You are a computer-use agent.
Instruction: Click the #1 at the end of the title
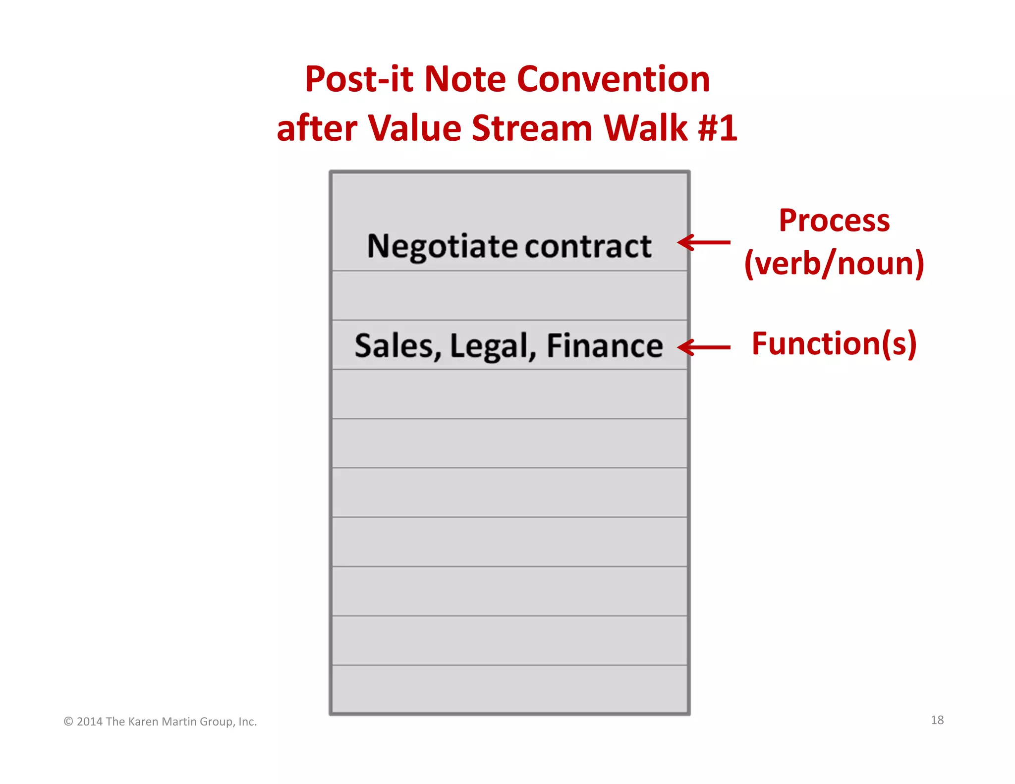click(717, 128)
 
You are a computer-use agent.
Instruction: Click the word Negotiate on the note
click(443, 246)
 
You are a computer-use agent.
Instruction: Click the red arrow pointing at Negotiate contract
click(704, 242)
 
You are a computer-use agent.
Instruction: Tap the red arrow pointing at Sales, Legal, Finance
click(704, 347)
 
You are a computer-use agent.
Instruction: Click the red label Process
click(834, 221)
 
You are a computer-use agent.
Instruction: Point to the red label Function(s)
click(834, 343)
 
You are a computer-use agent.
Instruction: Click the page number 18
click(937, 720)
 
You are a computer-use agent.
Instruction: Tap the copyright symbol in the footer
click(68, 722)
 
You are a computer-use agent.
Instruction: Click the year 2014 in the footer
click(90, 722)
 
